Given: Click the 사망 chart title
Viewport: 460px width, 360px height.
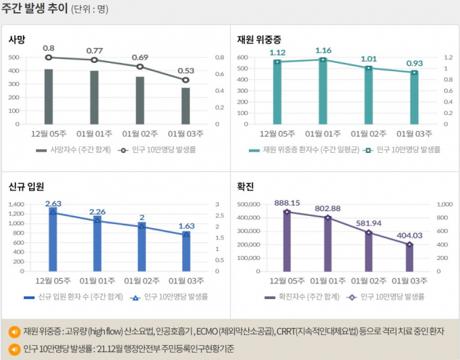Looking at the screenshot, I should click(x=17, y=39).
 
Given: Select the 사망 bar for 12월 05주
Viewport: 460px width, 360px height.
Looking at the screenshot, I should click(x=49, y=96).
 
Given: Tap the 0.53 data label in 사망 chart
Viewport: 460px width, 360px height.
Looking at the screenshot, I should click(x=185, y=70).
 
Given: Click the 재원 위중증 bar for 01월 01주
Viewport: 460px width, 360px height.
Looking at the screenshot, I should click(x=323, y=92).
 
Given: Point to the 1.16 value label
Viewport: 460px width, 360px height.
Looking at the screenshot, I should click(x=323, y=50).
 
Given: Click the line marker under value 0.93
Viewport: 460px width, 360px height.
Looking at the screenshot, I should click(x=415, y=72).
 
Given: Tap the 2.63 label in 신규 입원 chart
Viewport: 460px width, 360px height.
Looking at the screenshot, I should click(x=53, y=203).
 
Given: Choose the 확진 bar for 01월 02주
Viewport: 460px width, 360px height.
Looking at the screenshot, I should click(x=369, y=251).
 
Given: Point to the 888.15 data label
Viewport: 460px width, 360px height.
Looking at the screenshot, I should click(x=287, y=202).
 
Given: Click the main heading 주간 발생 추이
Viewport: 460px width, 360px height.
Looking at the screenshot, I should click(x=34, y=9).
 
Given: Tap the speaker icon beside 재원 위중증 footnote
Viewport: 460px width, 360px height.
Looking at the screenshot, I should click(x=14, y=332).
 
